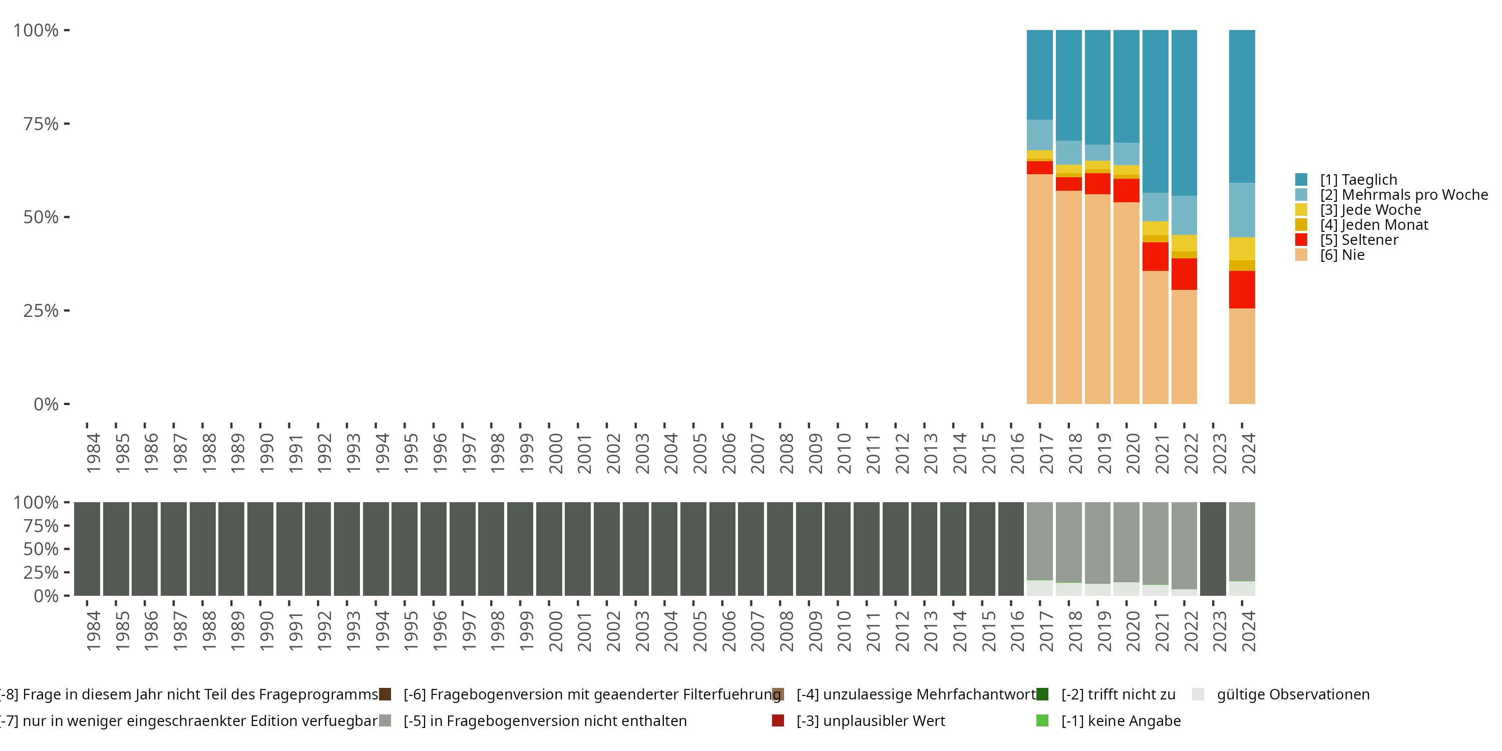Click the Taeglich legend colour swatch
[x=1301, y=180]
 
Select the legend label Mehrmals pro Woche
[x=1403, y=195]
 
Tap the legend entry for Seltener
[x=1359, y=240]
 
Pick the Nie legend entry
[x=1342, y=255]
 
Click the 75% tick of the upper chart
[x=41, y=124]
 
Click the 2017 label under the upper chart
[x=1046, y=453]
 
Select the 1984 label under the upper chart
[x=93, y=453]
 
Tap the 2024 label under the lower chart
[x=1248, y=631]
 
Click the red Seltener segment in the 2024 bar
[x=1242, y=289]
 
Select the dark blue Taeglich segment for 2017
[x=1039, y=75]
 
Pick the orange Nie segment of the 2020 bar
[x=1126, y=303]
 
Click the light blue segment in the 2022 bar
[x=1184, y=215]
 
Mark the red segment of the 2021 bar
[x=1155, y=256]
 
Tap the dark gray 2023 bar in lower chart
[x=1213, y=549]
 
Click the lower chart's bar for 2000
[x=549, y=549]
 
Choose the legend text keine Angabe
[x=1120, y=720]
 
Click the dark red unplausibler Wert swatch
[x=778, y=720]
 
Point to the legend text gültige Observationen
[x=1293, y=694]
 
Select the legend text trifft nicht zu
[x=1118, y=694]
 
